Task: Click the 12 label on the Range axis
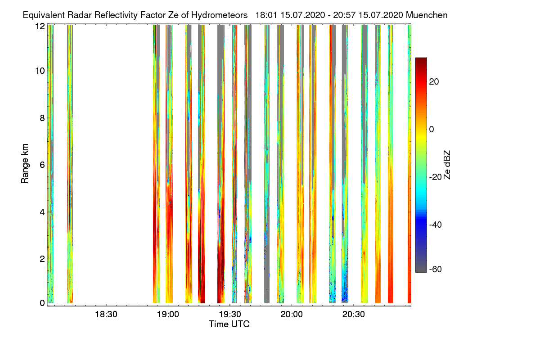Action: point(40,26)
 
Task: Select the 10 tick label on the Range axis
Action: point(40,71)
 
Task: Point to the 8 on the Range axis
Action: point(42,118)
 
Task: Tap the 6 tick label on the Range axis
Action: point(42,165)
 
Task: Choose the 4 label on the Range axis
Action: point(42,212)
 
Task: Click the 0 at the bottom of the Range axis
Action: point(42,303)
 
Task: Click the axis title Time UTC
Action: point(229,324)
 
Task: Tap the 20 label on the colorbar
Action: point(435,81)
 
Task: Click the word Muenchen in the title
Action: point(427,15)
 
